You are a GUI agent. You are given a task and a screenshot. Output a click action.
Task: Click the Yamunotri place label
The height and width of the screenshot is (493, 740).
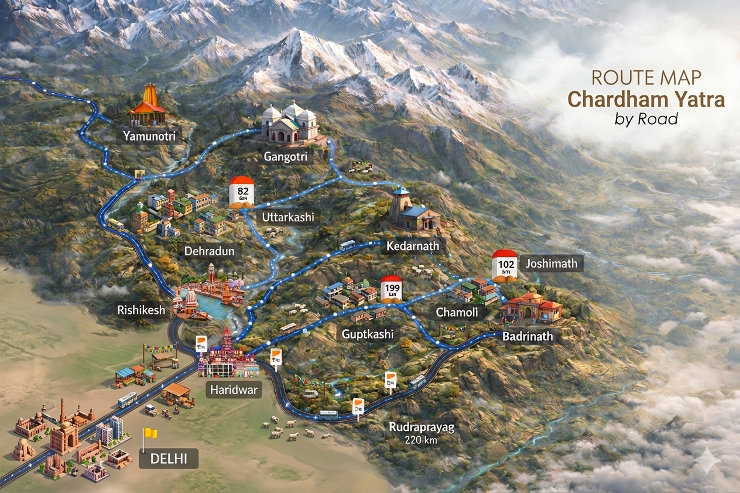coord(149,137)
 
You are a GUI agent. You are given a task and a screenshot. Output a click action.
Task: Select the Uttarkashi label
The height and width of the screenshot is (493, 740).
coord(287,217)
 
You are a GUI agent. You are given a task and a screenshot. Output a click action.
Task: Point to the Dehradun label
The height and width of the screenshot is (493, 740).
coord(209,252)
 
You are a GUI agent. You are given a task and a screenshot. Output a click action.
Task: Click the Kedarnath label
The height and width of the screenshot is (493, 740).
coord(412,246)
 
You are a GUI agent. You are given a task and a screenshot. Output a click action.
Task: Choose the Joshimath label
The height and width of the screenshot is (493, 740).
coord(551,263)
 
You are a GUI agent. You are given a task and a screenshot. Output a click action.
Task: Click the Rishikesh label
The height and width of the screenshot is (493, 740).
coord(141,310)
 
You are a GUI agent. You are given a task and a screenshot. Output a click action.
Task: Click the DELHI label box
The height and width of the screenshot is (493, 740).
coord(169,459)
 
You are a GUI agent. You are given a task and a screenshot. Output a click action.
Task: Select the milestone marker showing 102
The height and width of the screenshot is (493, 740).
coord(505,265)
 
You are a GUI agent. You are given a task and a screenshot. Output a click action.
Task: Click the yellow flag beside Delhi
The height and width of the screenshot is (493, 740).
coord(150,434)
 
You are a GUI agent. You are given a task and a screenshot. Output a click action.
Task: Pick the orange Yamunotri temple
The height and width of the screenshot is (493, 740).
coord(147,107)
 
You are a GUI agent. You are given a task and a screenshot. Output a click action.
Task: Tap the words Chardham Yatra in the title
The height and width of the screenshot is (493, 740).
coord(646,99)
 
